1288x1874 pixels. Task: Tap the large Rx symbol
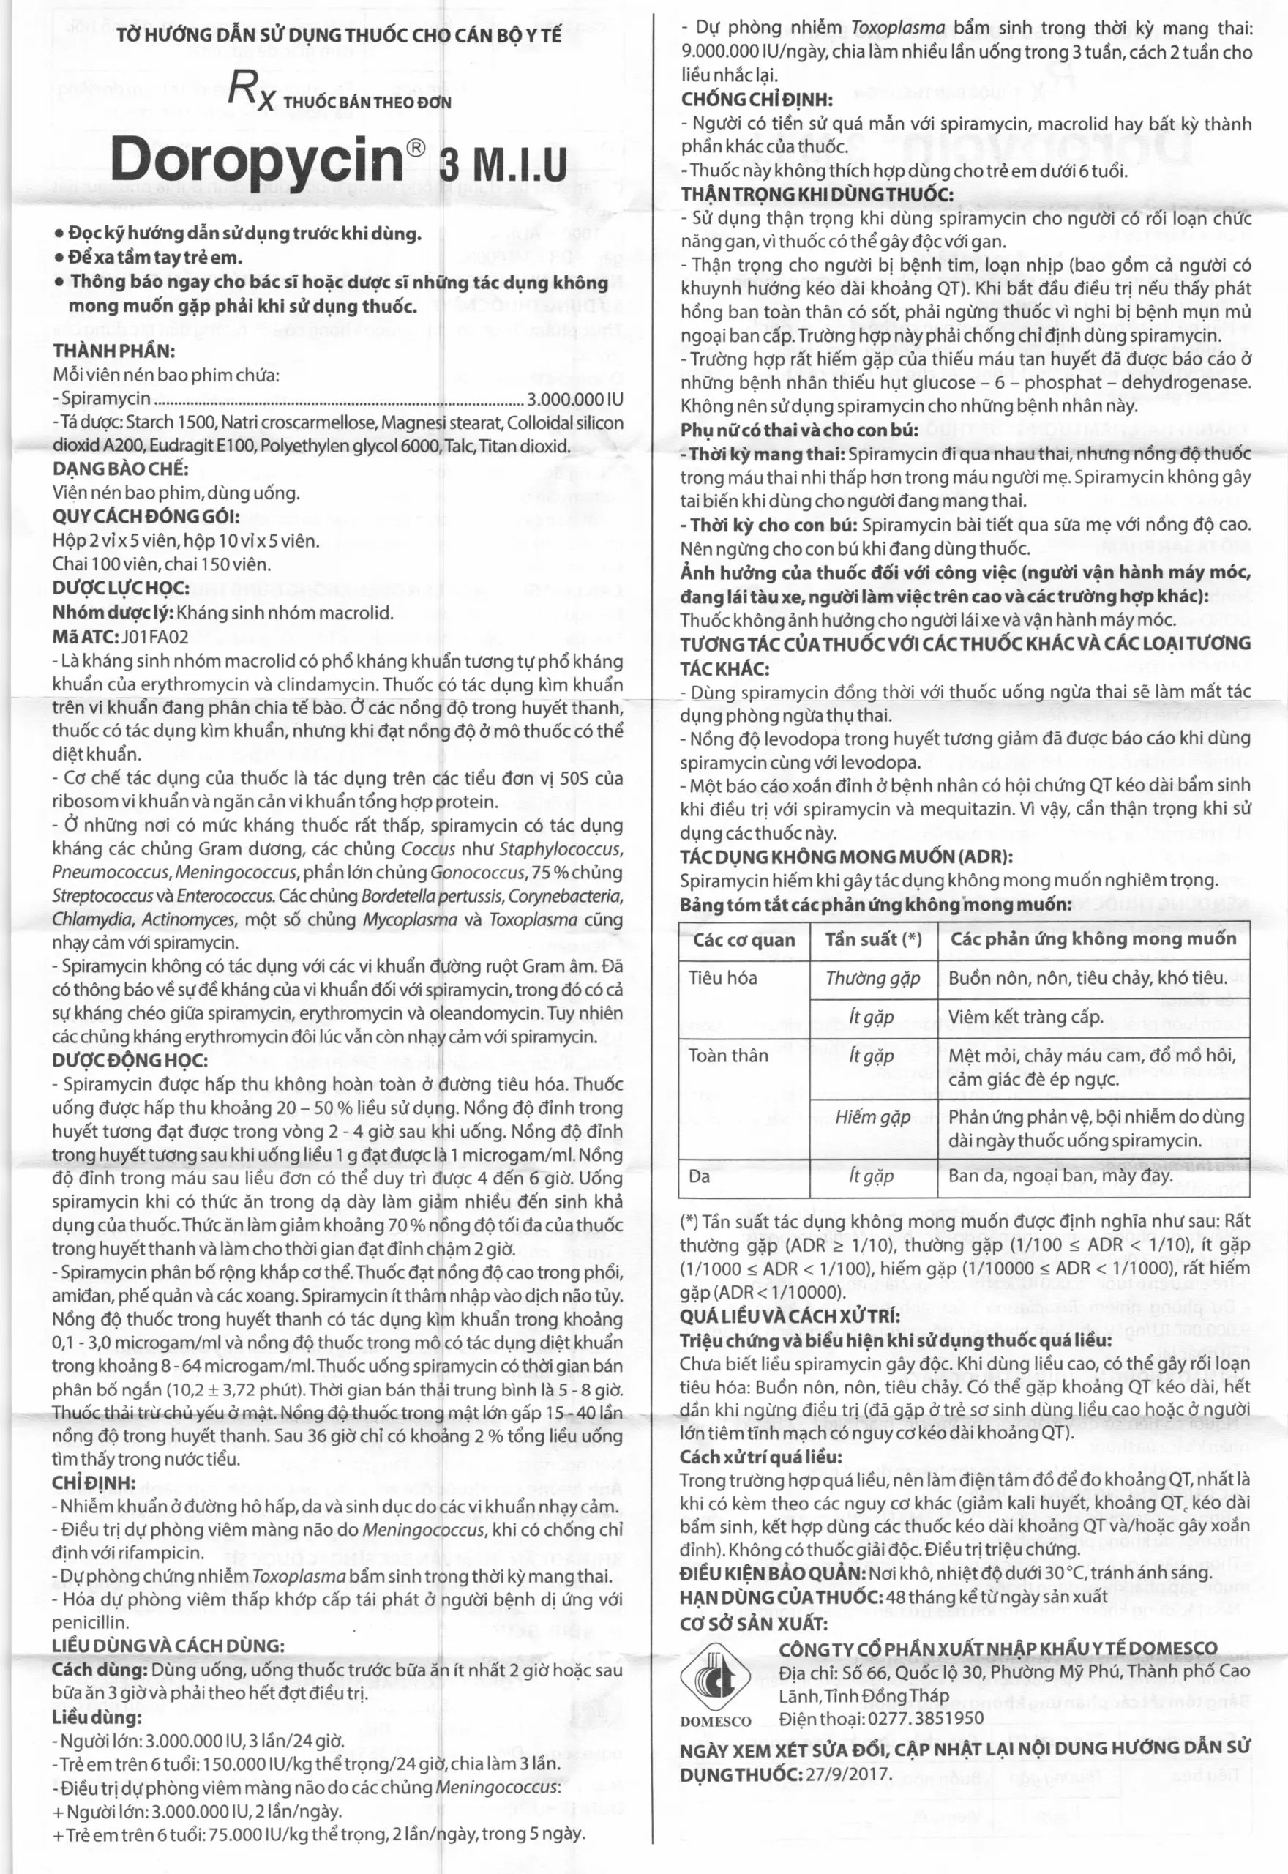point(252,90)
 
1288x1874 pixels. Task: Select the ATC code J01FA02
point(143,637)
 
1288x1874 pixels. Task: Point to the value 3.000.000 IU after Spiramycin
point(574,399)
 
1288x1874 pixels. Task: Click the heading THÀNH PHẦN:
point(113,351)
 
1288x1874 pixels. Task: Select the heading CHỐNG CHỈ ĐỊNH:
point(757,100)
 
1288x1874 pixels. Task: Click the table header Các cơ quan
point(744,939)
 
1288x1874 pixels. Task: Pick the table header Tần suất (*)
point(873,939)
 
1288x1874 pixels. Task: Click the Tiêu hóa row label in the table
point(722,978)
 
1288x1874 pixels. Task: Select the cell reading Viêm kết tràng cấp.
point(1025,1017)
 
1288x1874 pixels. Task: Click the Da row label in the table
point(699,1176)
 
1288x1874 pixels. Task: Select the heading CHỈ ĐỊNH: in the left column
point(94,1483)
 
